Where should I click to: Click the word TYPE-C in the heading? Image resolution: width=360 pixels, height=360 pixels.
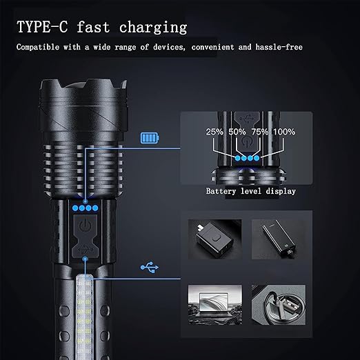click(x=42, y=27)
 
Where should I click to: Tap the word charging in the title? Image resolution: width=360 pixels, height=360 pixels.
click(x=153, y=28)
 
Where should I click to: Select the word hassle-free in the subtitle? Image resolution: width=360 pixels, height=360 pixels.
click(x=279, y=47)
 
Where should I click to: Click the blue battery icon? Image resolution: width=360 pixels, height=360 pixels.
click(x=150, y=138)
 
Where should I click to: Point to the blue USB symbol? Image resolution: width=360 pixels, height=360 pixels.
click(x=150, y=267)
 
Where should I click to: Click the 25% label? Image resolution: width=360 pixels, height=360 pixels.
click(x=214, y=132)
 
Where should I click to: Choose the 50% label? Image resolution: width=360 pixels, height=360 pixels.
click(x=237, y=132)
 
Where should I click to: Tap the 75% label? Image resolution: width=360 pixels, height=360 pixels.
click(x=260, y=132)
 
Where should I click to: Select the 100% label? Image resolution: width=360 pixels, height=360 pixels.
click(x=284, y=132)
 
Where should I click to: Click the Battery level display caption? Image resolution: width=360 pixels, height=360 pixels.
click(x=250, y=191)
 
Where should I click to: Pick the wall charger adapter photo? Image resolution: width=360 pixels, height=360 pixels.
click(x=215, y=239)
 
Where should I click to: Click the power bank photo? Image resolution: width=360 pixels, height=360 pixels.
click(x=279, y=239)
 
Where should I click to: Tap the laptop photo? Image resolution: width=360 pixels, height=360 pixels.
click(x=215, y=305)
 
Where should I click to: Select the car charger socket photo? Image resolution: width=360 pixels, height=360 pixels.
click(x=279, y=305)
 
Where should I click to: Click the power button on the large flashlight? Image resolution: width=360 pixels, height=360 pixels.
click(x=86, y=226)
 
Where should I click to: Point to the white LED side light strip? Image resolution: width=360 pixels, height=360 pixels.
click(x=84, y=317)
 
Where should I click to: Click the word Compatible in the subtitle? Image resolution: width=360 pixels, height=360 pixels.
click(x=38, y=47)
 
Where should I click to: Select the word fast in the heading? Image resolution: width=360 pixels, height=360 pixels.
click(x=93, y=27)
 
